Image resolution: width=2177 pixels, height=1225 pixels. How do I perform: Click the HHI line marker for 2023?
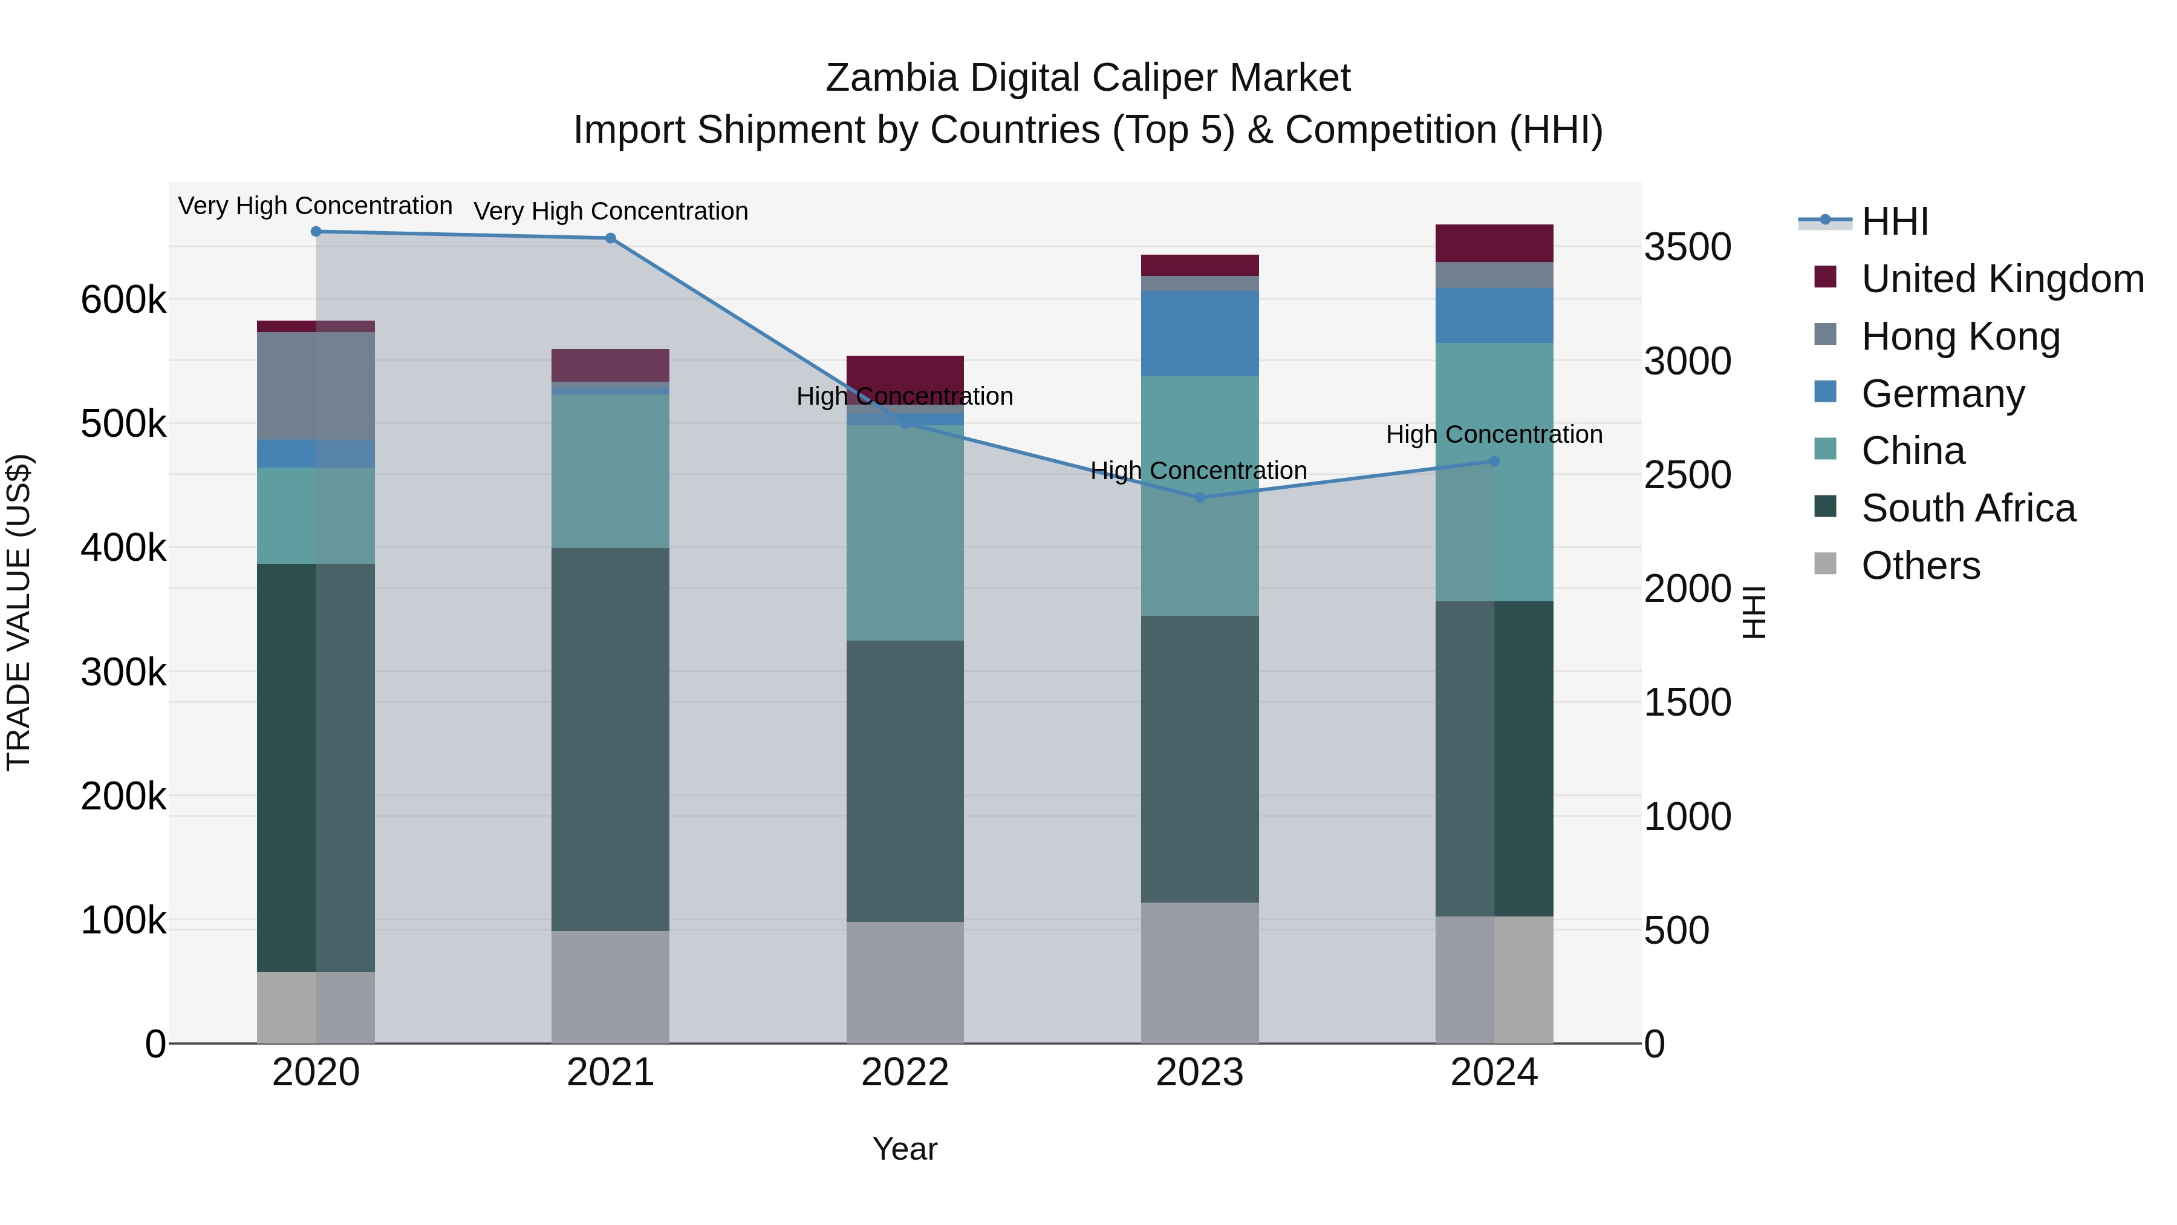(1199, 497)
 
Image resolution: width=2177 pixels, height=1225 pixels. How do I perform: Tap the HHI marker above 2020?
(316, 232)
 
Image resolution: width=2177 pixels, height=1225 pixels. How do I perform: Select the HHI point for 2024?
(1494, 461)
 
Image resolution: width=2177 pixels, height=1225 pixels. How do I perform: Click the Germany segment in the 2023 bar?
(1199, 333)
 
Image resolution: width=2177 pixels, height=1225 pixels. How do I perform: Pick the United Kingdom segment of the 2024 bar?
(1494, 243)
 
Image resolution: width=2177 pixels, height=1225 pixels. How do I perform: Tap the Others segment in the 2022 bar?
(905, 982)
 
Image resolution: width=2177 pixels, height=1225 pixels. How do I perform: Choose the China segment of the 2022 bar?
(905, 532)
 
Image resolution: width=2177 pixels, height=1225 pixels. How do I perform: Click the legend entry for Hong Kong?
(1961, 336)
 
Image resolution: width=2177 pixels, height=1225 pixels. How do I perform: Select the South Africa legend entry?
(1967, 508)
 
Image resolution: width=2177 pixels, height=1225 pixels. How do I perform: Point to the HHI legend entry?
(1895, 221)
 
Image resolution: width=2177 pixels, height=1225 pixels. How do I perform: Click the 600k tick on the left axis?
(123, 300)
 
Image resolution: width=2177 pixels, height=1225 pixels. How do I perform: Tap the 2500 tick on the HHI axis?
(1687, 475)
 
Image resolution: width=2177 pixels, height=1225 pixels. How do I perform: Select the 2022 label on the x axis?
(905, 1073)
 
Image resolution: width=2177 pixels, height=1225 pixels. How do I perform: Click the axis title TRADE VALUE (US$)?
(19, 612)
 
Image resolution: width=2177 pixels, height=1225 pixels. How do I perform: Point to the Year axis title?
(905, 1149)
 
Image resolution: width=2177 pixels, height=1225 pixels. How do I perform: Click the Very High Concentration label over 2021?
(610, 211)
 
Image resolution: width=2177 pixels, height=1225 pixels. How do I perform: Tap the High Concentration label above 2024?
(1494, 434)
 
